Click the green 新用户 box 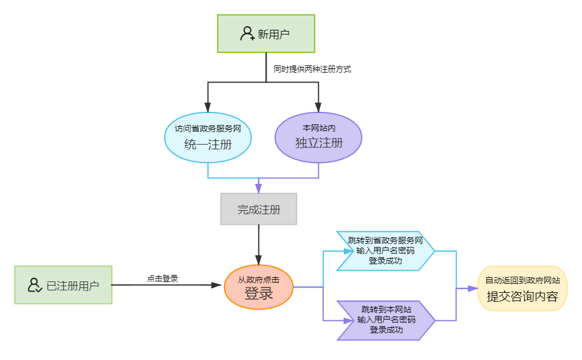pos(266,33)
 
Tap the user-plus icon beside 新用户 pos(247,33)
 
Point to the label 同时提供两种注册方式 pos(312,69)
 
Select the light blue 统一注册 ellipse pos(208,137)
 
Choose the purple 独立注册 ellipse pos(318,137)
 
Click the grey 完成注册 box pos(259,209)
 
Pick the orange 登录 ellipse pos(259,287)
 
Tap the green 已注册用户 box pos(64,285)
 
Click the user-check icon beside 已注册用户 pos(35,285)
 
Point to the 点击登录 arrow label pos(162,278)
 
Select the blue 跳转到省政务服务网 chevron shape pos(385,251)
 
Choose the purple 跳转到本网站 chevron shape pos(386,320)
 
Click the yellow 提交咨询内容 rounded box pos(522,289)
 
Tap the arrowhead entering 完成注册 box pos(259,188)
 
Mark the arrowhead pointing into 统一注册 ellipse pos(208,107)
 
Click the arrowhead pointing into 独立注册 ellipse pos(318,107)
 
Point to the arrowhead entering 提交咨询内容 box pos(473,289)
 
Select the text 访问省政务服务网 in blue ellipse pos(208,129)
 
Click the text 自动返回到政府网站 pos(522,281)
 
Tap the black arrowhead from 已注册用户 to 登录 pos(217,285)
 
